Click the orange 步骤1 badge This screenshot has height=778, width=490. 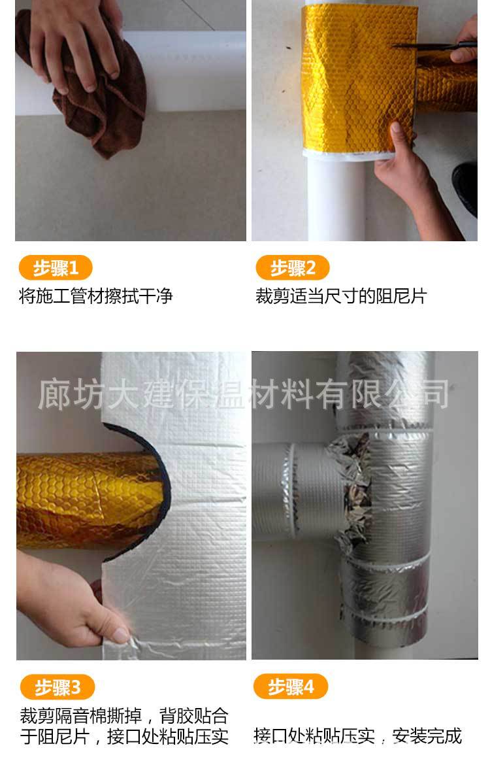pos(55,268)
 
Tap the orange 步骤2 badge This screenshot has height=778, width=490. pos(292,268)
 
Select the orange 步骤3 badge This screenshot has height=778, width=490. pos(57,687)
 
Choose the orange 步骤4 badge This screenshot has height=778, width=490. pos(291,687)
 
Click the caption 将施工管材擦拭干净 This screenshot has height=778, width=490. pos(95,297)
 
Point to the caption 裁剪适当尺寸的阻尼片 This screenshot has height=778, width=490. pos(340,297)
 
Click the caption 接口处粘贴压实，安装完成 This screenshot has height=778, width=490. pos(357,736)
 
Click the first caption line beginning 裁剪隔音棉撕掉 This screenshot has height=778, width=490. pos(123,716)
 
